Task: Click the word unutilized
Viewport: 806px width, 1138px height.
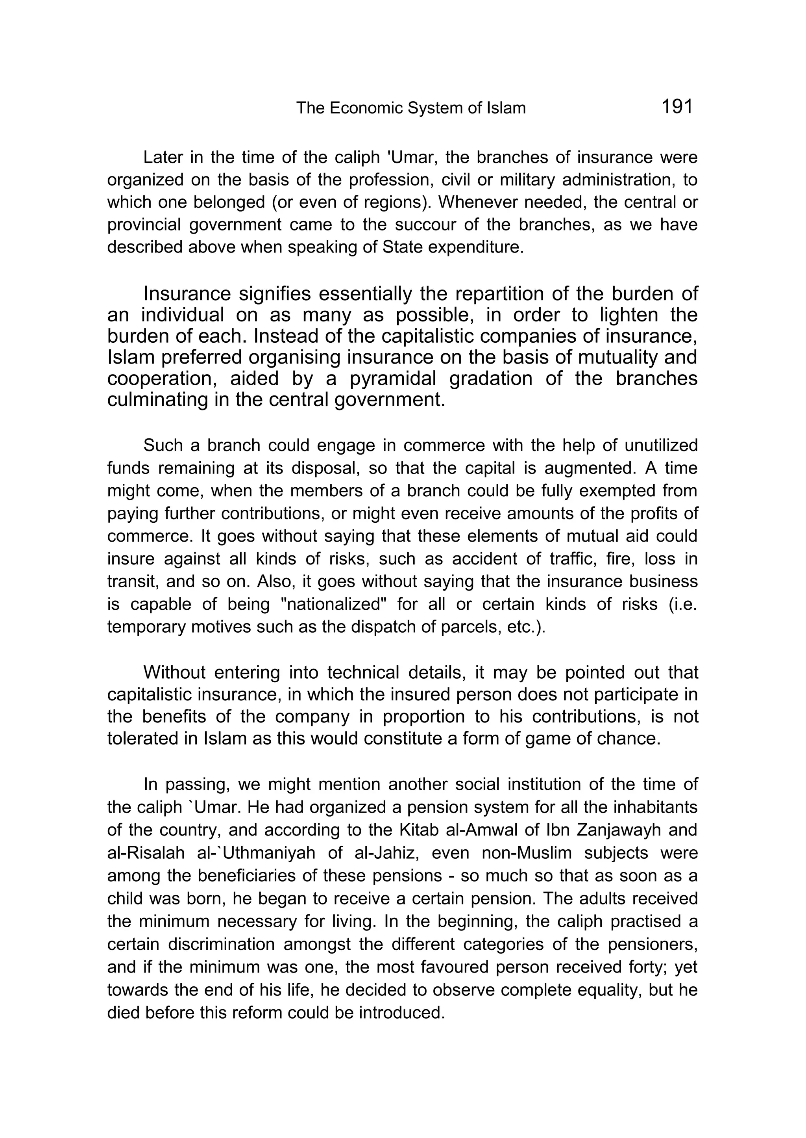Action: point(661,445)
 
